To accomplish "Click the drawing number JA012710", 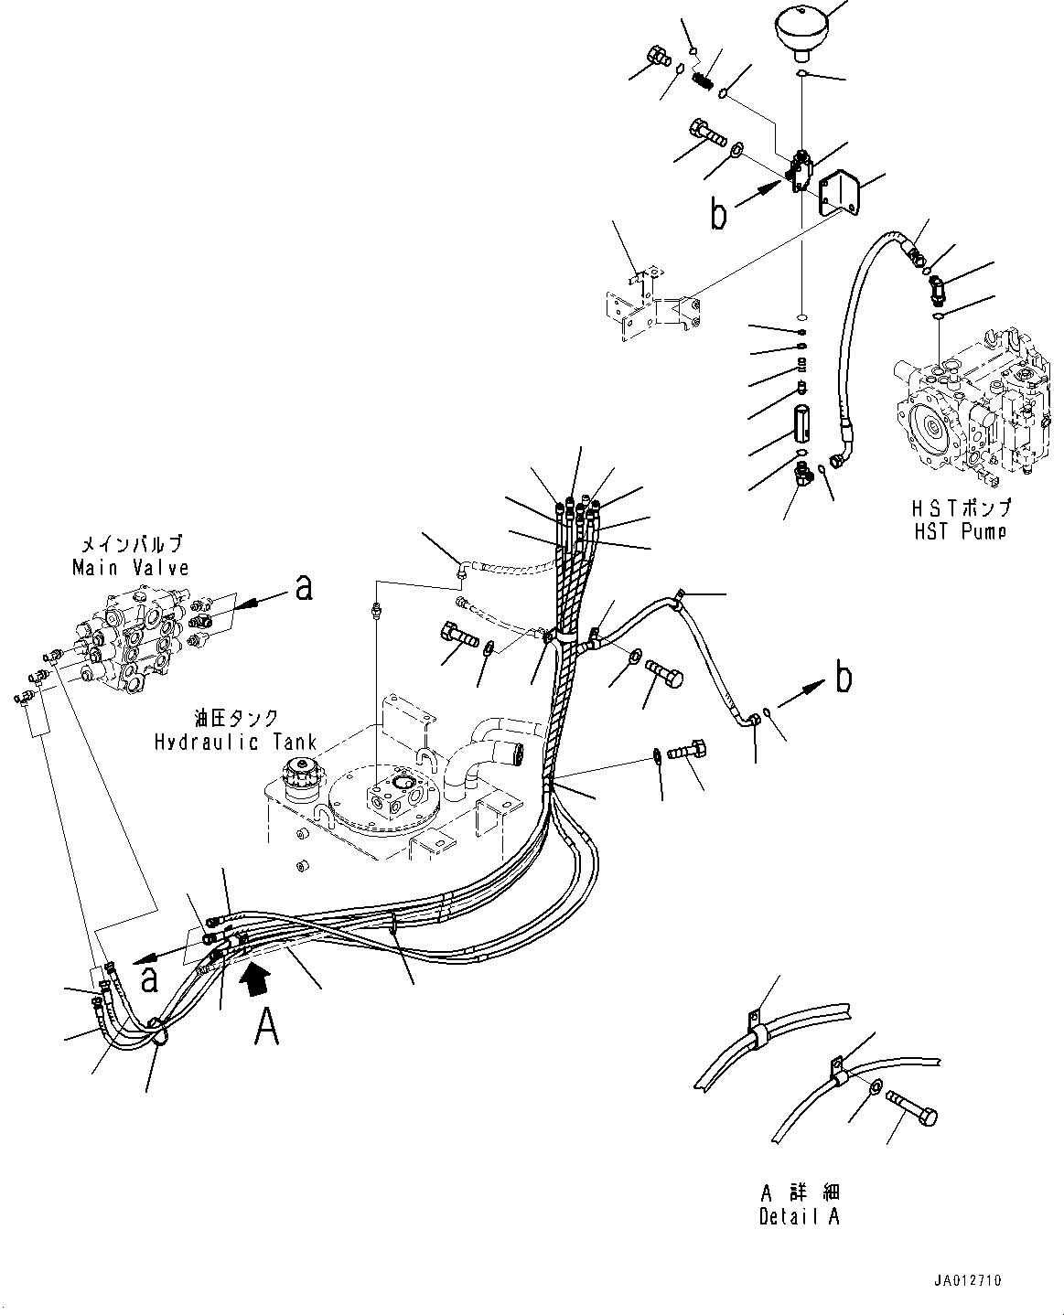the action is click(967, 1280).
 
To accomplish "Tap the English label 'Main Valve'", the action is click(130, 567).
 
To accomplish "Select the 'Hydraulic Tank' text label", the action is click(236, 742).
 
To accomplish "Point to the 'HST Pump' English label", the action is click(961, 531).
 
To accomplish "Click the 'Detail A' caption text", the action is click(800, 1216).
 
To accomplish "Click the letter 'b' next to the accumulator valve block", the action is click(719, 214).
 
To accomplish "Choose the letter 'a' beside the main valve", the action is click(304, 586).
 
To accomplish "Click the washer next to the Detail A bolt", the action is click(875, 1087).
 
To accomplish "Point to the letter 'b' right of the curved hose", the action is click(844, 677).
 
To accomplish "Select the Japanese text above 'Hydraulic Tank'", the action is click(237, 718).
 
